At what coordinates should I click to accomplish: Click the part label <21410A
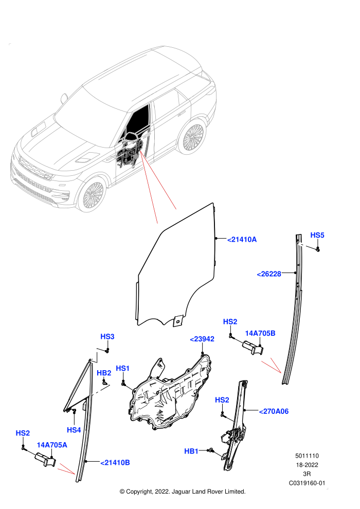click(242, 240)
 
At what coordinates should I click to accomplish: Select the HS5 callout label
click(317, 235)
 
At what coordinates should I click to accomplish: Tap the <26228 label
click(269, 274)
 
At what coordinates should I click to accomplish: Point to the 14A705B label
click(260, 333)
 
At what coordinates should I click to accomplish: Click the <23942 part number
click(202, 339)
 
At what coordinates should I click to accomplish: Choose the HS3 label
click(107, 337)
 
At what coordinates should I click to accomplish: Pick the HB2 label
click(104, 373)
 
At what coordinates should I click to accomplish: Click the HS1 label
click(123, 368)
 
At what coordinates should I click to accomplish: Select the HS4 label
click(74, 430)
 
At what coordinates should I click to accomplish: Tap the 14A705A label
click(52, 445)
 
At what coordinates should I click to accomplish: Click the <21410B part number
click(115, 463)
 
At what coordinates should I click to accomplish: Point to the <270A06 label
click(274, 412)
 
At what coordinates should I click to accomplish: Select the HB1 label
click(191, 451)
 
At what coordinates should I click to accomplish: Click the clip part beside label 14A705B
click(253, 348)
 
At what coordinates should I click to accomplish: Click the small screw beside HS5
click(318, 249)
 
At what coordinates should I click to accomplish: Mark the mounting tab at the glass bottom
click(177, 321)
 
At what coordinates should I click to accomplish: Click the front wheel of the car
click(92, 195)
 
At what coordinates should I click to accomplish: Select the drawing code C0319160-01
click(307, 483)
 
